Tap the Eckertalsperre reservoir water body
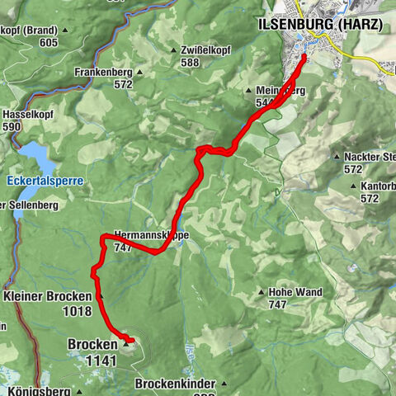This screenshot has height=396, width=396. (x=33, y=154)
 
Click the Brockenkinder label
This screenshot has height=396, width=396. (x=175, y=384)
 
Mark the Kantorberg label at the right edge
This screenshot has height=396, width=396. (x=378, y=188)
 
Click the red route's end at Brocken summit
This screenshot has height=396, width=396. (x=133, y=340)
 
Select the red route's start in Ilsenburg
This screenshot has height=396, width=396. (x=304, y=57)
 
